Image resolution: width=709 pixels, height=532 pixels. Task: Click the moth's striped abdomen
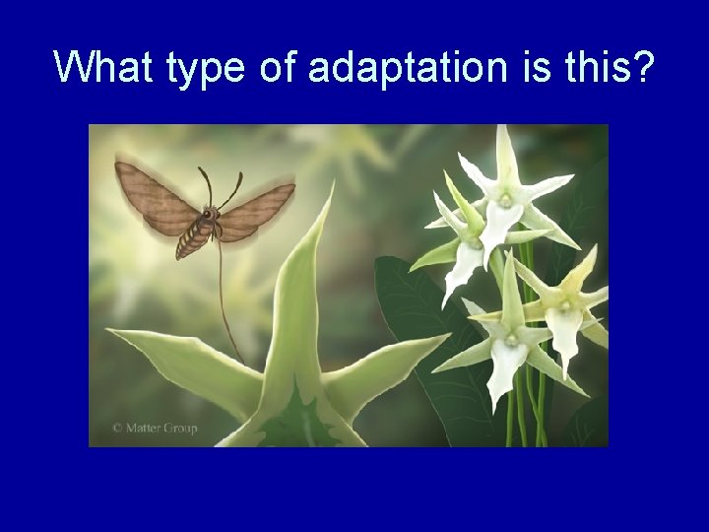[x=193, y=237]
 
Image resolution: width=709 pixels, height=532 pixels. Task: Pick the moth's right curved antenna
[x=232, y=190]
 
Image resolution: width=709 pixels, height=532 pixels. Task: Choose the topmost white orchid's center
[x=505, y=198]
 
